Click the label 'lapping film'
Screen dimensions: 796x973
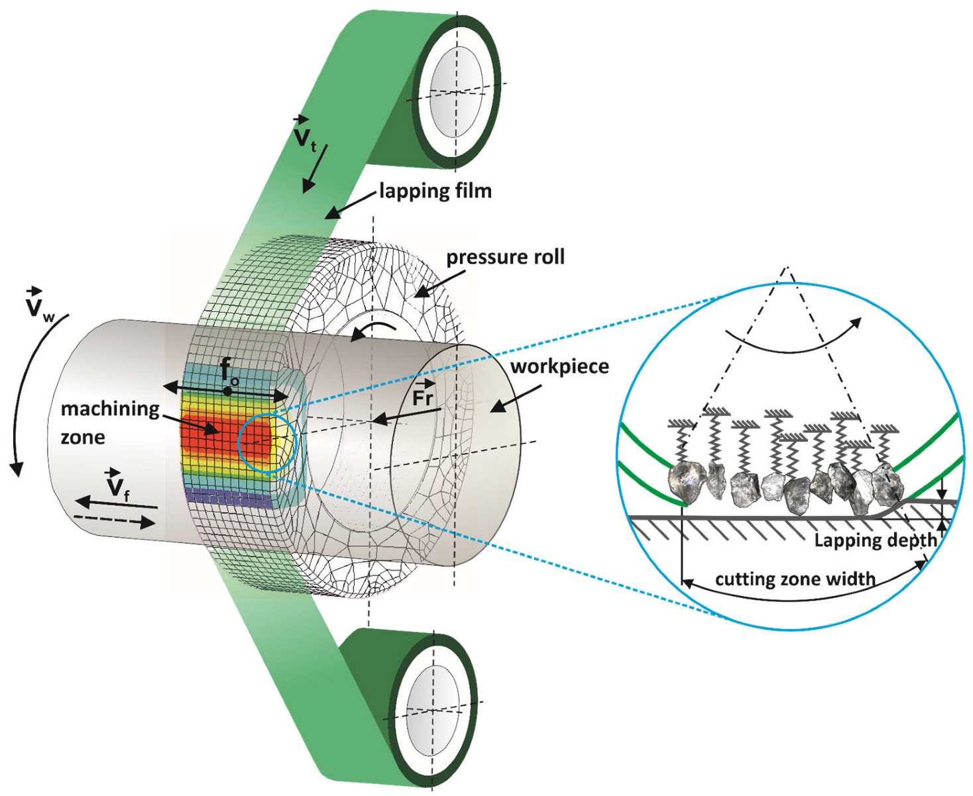435,191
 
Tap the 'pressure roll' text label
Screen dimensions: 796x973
505,257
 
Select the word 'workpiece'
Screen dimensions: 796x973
559,366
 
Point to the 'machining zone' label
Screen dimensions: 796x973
109,423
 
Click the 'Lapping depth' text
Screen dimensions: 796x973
875,540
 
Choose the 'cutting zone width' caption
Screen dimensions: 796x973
795,579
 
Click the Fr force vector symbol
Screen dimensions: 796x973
423,395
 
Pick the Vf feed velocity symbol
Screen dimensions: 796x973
117,485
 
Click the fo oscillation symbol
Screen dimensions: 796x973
229,372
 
